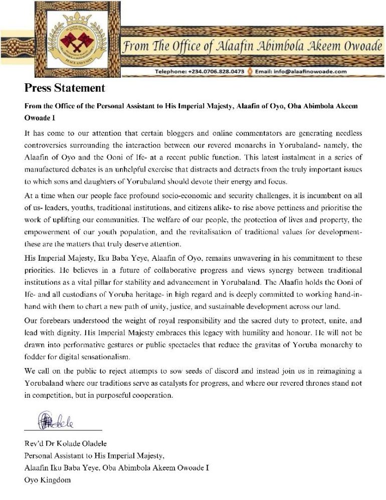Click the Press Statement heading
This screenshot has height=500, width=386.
65,88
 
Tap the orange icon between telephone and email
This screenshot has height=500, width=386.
249,72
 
